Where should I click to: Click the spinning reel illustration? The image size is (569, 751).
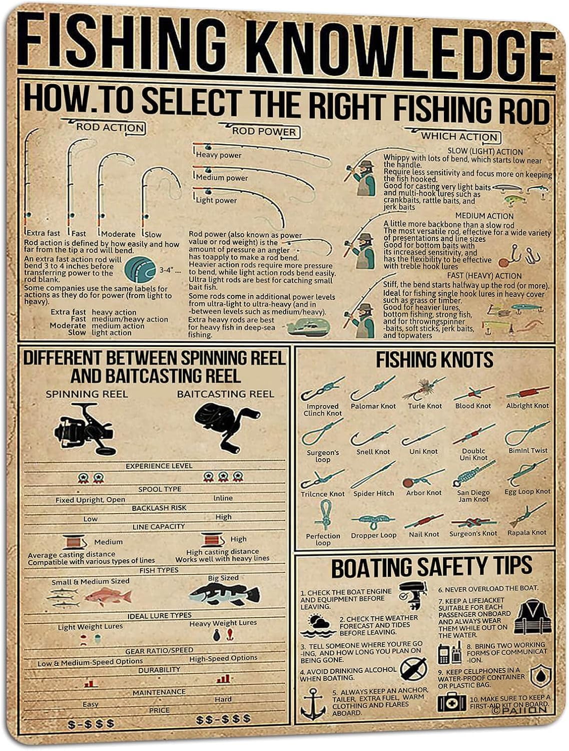(x=84, y=429)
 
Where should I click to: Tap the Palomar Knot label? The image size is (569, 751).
(x=373, y=406)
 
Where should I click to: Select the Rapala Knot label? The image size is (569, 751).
(x=527, y=533)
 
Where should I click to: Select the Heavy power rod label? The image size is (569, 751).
(x=219, y=155)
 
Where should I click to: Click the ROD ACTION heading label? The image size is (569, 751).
(x=111, y=127)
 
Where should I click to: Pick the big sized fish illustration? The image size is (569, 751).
(x=225, y=594)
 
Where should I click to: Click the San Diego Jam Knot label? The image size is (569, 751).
(x=473, y=496)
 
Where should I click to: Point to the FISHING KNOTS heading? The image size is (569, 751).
(x=434, y=360)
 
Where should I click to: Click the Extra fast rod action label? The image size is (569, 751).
(x=44, y=233)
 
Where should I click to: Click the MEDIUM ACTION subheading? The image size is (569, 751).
(x=484, y=216)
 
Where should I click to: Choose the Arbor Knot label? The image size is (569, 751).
(x=423, y=493)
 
